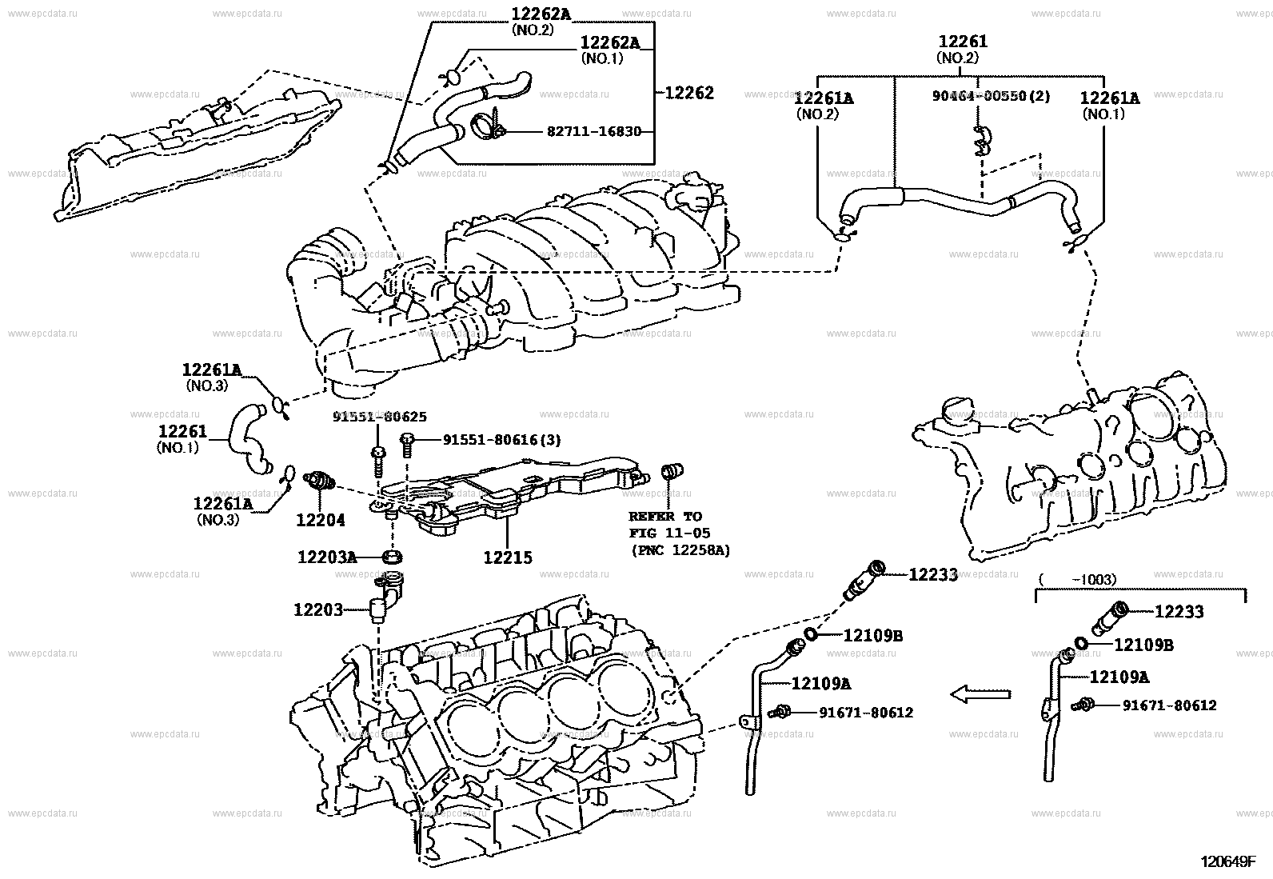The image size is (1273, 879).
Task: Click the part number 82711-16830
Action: [x=594, y=131]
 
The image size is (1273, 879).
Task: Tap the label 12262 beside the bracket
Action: [x=688, y=93]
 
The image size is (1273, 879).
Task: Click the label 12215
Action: [x=508, y=557]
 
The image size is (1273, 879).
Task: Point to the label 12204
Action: [x=321, y=520]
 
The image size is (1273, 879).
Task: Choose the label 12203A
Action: [x=327, y=557]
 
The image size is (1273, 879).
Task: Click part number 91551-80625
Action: [x=380, y=416]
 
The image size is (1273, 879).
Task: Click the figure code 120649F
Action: [x=1227, y=862]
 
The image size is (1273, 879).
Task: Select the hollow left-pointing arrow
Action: [x=981, y=694]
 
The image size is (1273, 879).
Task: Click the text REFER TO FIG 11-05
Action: [x=669, y=525]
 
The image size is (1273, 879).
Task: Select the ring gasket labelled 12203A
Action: [x=392, y=556]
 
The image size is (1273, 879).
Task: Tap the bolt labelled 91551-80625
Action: [x=378, y=461]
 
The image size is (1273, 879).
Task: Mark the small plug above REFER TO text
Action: [x=672, y=471]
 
